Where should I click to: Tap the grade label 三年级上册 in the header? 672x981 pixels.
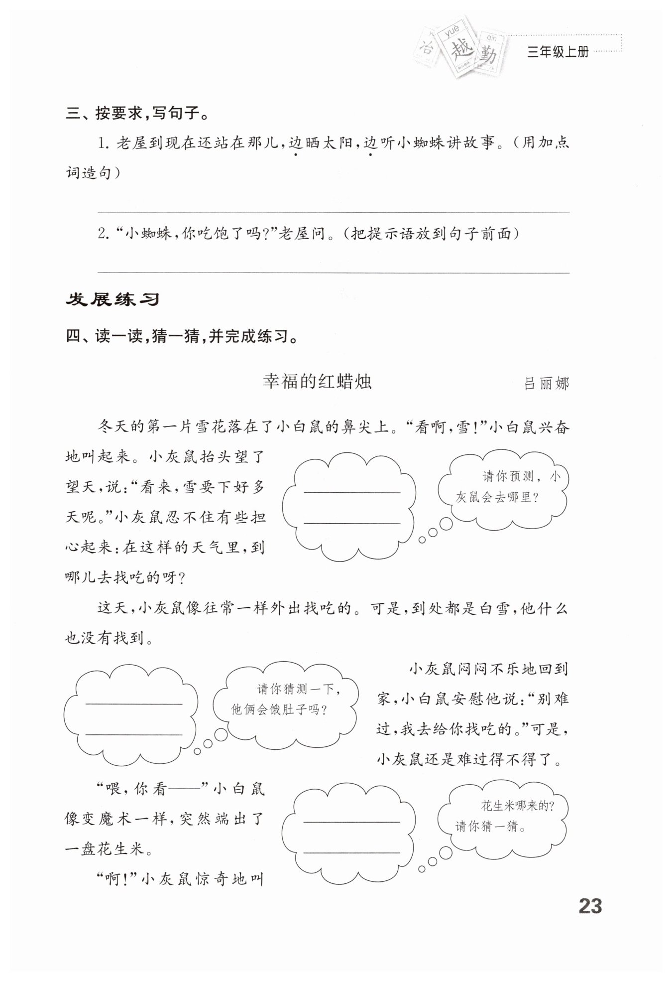tap(558, 52)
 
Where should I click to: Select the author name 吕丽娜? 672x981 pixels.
tap(546, 384)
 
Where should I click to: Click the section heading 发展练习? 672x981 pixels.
tap(112, 299)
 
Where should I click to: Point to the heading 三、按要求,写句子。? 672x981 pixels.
tap(137, 114)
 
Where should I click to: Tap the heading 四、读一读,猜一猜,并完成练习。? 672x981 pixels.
tap(182, 337)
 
